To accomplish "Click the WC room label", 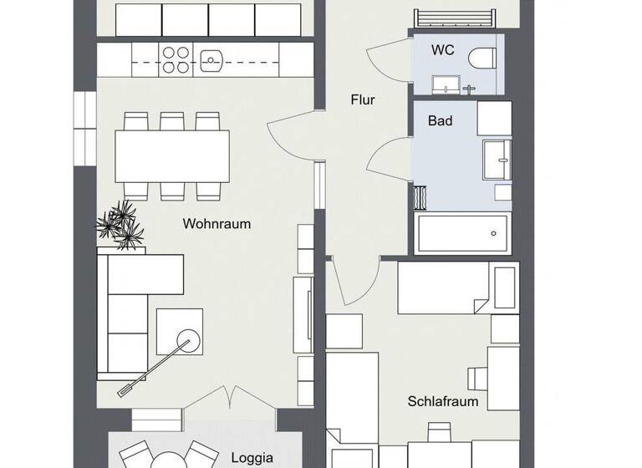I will click(x=442, y=50).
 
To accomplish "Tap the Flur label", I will click(x=363, y=100).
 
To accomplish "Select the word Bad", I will click(x=440, y=121).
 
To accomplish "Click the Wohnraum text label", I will click(x=217, y=224).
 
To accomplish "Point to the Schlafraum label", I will click(x=443, y=401).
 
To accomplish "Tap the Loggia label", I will click(x=252, y=458).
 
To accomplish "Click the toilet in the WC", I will click(x=481, y=59).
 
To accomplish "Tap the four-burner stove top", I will click(x=175, y=59).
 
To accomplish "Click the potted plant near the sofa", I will click(x=121, y=224).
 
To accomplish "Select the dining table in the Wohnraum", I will click(x=172, y=156).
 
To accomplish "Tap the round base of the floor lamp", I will click(x=186, y=338).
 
